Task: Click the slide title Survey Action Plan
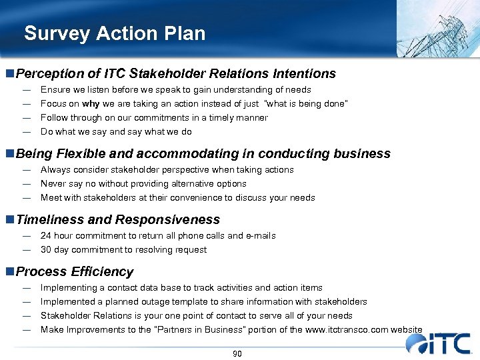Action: [115, 33]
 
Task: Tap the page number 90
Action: [237, 353]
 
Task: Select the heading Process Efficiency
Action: [74, 272]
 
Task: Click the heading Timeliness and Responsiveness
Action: [117, 220]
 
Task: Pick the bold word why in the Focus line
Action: [91, 104]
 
